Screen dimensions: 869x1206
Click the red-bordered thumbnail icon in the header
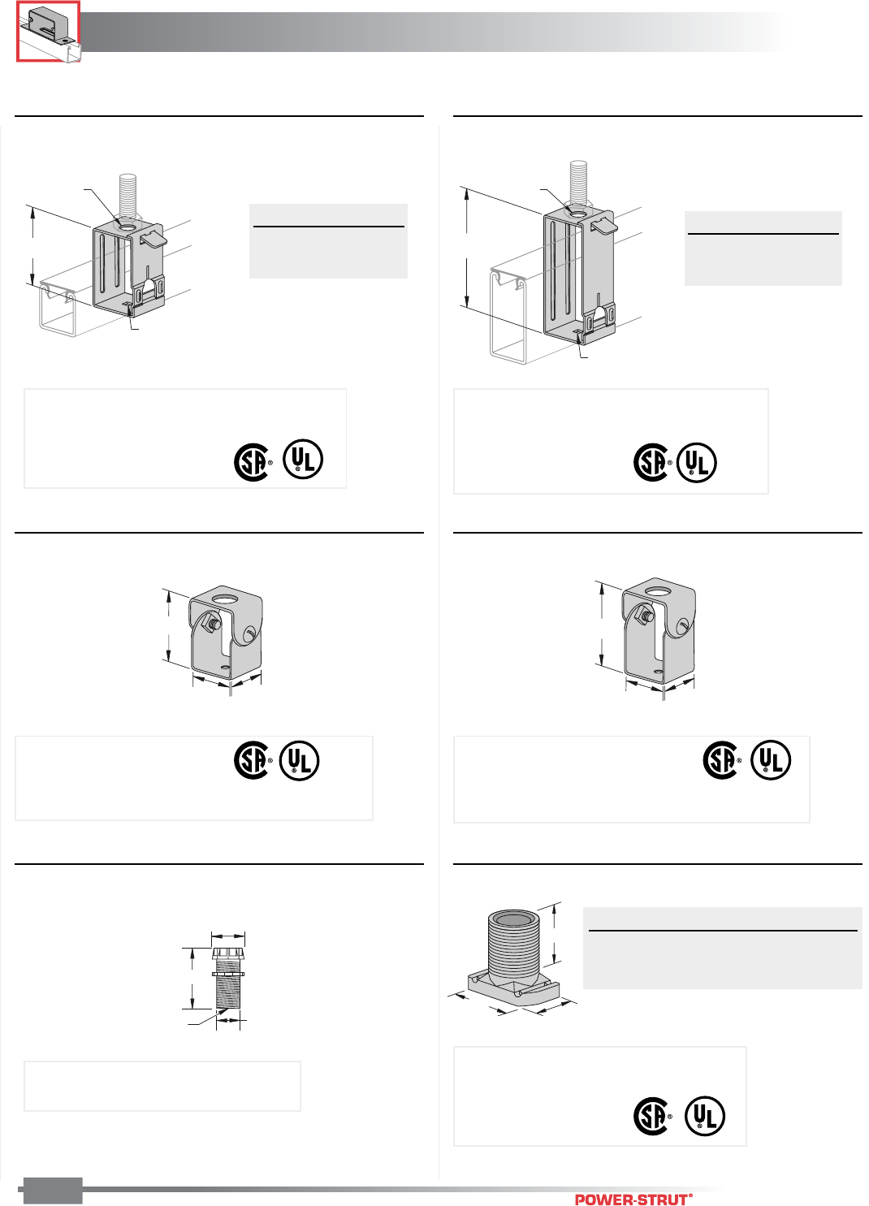[x=49, y=31]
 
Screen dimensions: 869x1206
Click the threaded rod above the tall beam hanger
[x=578, y=183]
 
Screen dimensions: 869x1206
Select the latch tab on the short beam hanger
[x=153, y=238]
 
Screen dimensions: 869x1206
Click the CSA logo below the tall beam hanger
[x=651, y=462]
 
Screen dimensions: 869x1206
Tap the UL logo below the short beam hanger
[x=303, y=459]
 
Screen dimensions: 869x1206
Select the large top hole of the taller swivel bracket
[x=657, y=592]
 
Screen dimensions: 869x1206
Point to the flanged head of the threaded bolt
[x=228, y=954]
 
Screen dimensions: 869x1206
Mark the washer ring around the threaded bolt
[x=228, y=974]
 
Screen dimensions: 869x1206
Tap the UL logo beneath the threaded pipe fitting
[x=705, y=1116]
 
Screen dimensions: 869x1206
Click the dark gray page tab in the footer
[x=53, y=1191]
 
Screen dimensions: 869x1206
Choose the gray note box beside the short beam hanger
[x=328, y=241]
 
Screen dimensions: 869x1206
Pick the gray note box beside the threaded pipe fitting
[x=723, y=948]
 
